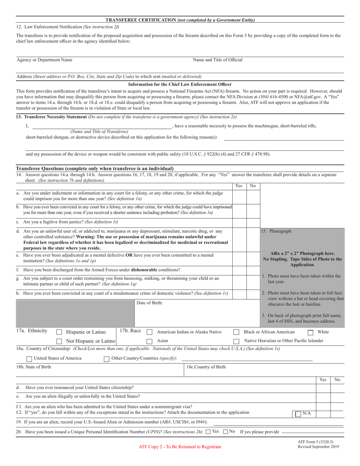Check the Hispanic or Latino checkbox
click(59, 332)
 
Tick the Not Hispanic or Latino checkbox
click(59, 341)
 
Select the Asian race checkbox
click(149, 341)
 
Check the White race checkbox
click(310, 332)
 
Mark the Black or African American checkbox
click(236, 332)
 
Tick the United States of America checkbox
click(29, 359)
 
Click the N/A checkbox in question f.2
click(299, 414)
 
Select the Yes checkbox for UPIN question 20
click(208, 432)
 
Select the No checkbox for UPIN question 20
click(226, 432)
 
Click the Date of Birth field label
click(149, 303)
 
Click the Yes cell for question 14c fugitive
click(239, 222)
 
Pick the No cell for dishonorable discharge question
click(253, 270)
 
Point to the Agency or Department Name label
click(44, 60)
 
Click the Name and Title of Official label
click(218, 60)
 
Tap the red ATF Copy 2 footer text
click(180, 447)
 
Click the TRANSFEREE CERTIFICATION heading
click(180, 20)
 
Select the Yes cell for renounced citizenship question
click(323, 388)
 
